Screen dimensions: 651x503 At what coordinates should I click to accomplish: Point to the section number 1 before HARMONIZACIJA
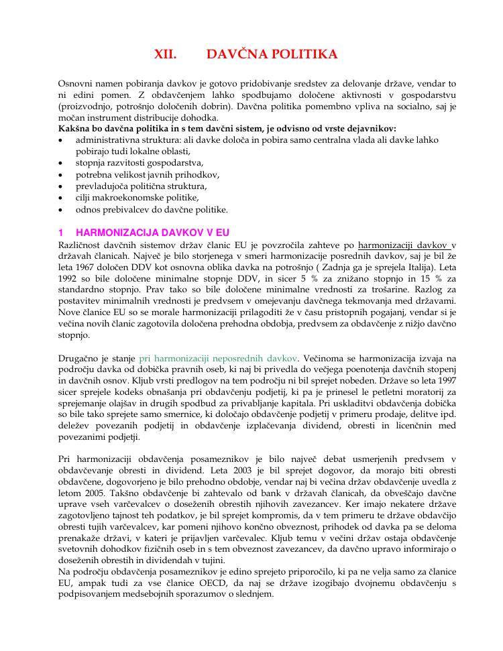[61, 233]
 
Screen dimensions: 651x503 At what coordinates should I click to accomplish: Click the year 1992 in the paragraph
[70, 279]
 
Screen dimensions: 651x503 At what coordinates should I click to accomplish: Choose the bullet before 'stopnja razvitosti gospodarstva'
[62, 163]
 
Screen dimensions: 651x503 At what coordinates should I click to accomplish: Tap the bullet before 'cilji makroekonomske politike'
[62, 198]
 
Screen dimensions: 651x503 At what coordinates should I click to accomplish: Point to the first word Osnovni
[76, 84]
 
